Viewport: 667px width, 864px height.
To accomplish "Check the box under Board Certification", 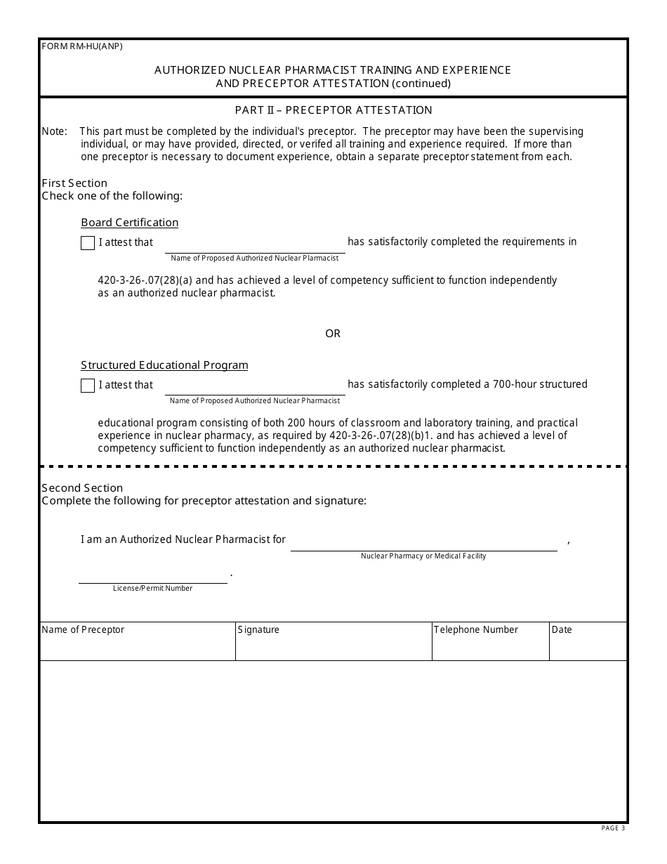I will [88, 243].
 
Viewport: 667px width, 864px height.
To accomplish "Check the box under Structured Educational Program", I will [88, 386].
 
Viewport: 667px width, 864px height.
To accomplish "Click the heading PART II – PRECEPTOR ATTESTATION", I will [333, 110].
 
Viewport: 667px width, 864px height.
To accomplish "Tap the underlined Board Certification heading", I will [129, 223].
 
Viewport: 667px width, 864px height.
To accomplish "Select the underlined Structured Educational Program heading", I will [164, 365].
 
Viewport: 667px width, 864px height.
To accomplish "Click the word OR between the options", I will [333, 334].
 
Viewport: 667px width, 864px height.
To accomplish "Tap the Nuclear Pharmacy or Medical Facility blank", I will [423, 543].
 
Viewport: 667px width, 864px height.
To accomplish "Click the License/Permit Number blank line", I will [152, 575].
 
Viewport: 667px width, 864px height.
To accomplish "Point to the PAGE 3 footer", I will [612, 828].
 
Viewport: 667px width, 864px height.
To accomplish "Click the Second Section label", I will [82, 488].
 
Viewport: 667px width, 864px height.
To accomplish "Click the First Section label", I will [74, 183].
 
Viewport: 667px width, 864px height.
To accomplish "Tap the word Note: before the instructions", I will [54, 131].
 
